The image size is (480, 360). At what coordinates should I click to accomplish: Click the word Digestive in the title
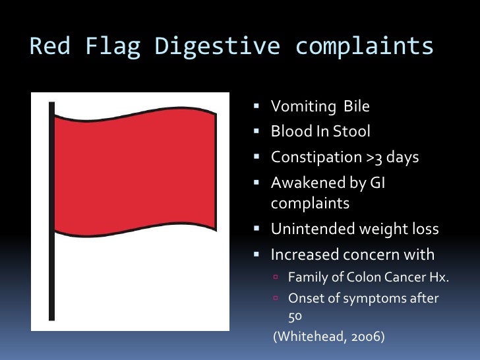(218, 47)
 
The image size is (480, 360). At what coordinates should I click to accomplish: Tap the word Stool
(352, 132)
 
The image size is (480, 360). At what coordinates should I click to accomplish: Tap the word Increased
(301, 254)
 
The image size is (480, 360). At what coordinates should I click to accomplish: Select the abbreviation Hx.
(438, 277)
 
